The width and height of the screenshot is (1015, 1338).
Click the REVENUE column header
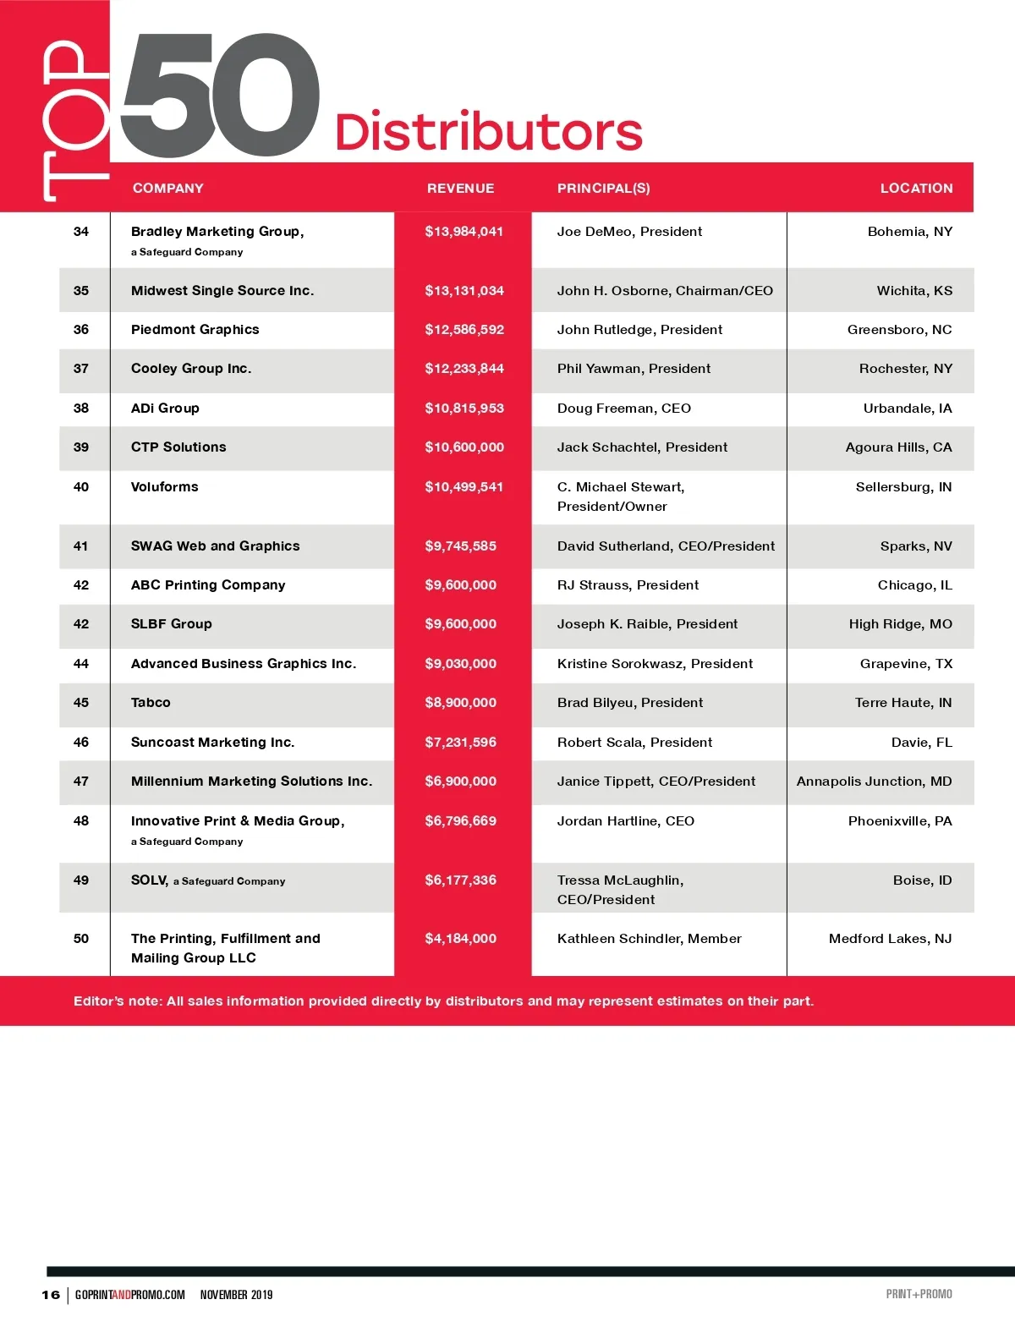coord(460,188)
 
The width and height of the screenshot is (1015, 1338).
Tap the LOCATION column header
coord(916,188)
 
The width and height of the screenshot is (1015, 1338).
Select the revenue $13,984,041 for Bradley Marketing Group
coord(464,232)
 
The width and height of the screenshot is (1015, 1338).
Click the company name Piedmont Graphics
coord(195,330)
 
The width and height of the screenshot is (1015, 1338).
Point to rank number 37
coord(81,369)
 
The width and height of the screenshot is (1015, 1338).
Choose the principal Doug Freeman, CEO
coord(623,409)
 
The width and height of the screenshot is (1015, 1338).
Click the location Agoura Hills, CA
coord(898,447)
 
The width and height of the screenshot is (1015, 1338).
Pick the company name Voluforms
coord(164,487)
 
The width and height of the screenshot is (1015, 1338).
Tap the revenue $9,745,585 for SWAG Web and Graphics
coord(460,546)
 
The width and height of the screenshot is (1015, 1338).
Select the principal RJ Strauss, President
coord(628,585)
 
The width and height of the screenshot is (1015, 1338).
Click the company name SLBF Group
coord(171,624)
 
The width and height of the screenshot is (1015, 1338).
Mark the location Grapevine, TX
coord(906,664)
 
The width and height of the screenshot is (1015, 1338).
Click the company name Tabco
coord(151,703)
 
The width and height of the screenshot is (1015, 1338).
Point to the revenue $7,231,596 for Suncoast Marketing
coord(460,743)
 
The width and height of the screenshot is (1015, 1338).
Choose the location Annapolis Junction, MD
coord(874,781)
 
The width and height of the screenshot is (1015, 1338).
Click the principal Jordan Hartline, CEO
coord(625,821)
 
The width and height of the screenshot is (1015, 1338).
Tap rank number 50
coord(81,939)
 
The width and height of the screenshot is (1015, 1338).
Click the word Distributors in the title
coord(488,133)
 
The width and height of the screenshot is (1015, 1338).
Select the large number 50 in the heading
coord(220,95)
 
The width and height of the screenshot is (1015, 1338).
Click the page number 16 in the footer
coord(51,1295)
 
